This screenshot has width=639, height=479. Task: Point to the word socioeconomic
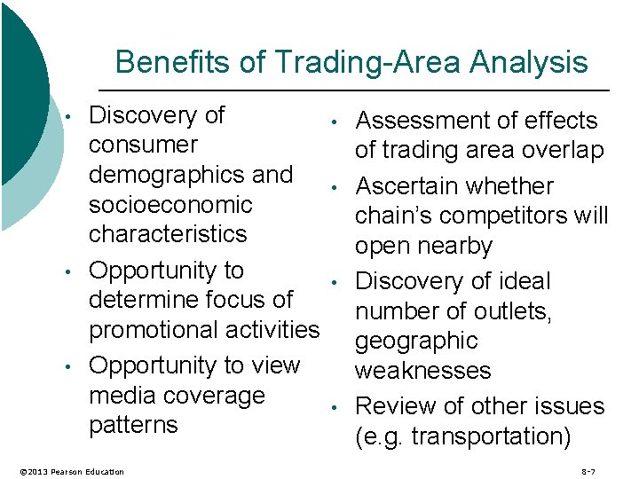(170, 204)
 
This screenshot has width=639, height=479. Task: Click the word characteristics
(168, 234)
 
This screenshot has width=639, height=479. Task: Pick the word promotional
(158, 330)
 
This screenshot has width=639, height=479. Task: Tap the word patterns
(133, 425)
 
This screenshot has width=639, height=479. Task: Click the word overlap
(562, 151)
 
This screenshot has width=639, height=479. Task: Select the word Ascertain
(405, 186)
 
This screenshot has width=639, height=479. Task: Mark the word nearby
(458, 246)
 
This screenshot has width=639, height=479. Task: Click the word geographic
(416, 341)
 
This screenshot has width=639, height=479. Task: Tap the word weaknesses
(422, 371)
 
